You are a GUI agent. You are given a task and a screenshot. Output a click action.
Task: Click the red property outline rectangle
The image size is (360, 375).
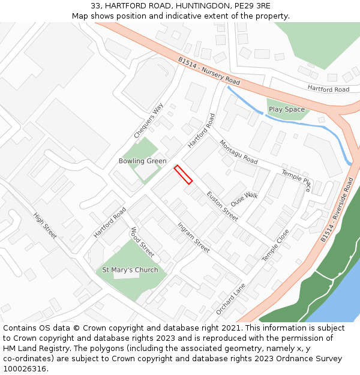click(x=183, y=174)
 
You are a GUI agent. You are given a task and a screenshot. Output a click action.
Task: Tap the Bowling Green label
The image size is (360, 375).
click(x=142, y=161)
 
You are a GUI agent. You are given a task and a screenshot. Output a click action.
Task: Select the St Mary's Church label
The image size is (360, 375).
click(x=130, y=270)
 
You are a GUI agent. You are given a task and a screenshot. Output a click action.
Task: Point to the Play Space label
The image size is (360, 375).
click(x=286, y=109)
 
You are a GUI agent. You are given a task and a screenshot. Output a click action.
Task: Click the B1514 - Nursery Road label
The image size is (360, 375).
click(x=209, y=71)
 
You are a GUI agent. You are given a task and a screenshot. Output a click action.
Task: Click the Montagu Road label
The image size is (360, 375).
click(x=238, y=152)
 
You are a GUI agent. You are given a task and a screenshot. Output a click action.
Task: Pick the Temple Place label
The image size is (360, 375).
click(x=297, y=180)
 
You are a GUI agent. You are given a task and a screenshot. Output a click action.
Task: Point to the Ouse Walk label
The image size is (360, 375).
click(x=244, y=199)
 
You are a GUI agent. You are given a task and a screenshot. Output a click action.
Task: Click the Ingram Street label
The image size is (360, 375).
click(x=193, y=237)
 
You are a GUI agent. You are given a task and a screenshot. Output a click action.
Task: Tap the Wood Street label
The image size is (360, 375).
click(x=142, y=242)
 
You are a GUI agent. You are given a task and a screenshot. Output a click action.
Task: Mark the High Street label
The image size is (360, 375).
click(x=45, y=226)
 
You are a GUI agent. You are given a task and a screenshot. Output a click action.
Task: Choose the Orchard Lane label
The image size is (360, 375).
click(x=231, y=299)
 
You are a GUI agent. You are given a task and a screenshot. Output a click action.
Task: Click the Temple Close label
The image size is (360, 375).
click(x=275, y=245)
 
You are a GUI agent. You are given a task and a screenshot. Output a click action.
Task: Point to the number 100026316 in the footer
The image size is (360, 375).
click(x=23, y=368)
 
